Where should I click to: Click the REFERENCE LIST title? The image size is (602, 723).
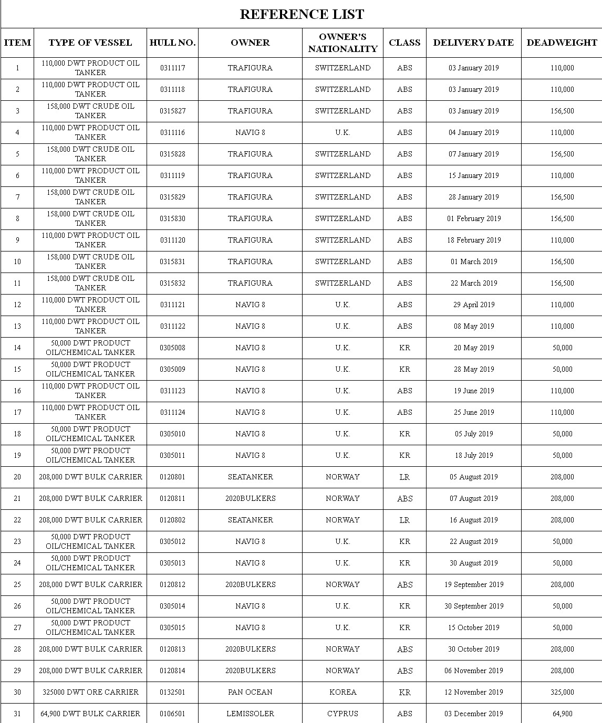[302, 14]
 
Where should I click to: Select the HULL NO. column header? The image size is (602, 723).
[172, 43]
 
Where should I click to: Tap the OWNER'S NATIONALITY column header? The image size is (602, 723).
[342, 43]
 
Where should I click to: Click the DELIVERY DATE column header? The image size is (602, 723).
[473, 43]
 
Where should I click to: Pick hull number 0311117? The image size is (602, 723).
[172, 68]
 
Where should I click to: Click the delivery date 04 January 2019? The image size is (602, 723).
[473, 132]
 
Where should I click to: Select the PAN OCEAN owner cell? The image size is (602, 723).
[250, 692]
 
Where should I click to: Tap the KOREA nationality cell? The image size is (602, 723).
[342, 692]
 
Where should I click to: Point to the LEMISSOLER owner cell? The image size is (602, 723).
[250, 714]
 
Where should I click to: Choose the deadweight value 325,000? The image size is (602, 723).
[562, 692]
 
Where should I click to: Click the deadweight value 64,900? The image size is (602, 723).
[562, 714]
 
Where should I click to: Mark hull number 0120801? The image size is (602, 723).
[172, 477]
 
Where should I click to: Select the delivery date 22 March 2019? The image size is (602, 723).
[473, 283]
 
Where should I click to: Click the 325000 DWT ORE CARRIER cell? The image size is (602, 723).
[90, 692]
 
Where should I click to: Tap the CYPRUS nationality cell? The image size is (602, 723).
[342, 714]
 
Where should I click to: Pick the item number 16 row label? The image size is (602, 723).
[17, 391]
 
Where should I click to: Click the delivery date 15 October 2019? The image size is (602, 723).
[473, 627]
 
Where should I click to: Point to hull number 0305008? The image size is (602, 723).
[172, 348]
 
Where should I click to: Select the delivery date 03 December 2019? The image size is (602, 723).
[473, 714]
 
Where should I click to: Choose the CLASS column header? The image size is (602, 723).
[404, 43]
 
